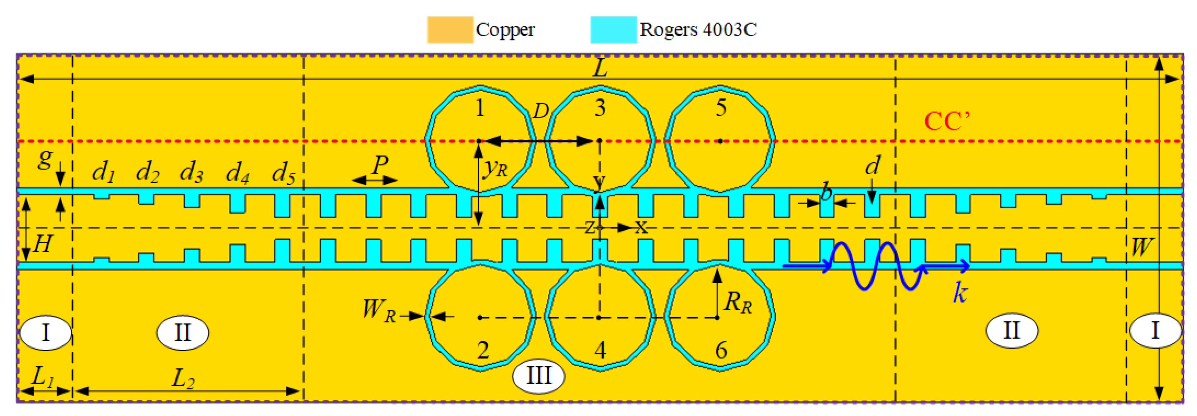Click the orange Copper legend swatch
450,30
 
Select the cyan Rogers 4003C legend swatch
613,30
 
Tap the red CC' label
947,122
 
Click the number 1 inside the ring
480,108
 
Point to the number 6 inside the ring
721,349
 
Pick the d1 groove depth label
103,172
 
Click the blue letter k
960,293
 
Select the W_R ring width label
379,310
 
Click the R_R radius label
738,302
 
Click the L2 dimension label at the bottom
183,379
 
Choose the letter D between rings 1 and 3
540,111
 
